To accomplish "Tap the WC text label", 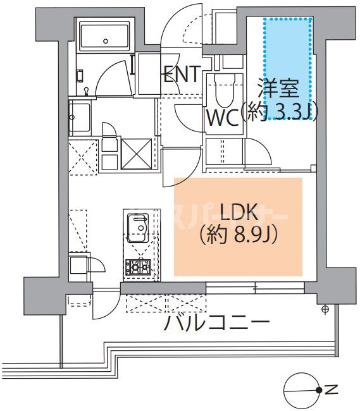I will [221, 118].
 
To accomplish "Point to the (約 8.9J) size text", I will [239, 235].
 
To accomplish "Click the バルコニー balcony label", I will [218, 323].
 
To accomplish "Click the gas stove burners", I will [137, 267].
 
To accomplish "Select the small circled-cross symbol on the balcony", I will [325, 309].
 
